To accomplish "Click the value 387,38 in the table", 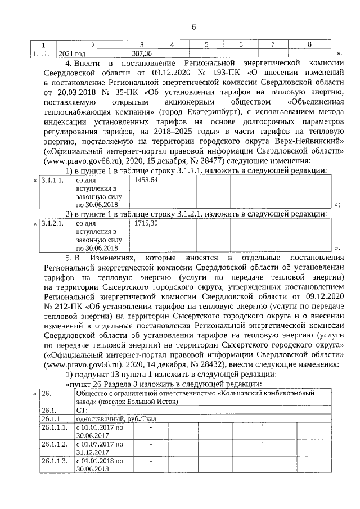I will (x=142, y=53).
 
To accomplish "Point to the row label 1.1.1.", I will (x=40, y=53).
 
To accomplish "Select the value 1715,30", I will (x=146, y=223).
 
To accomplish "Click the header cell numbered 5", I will (x=206, y=44).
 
